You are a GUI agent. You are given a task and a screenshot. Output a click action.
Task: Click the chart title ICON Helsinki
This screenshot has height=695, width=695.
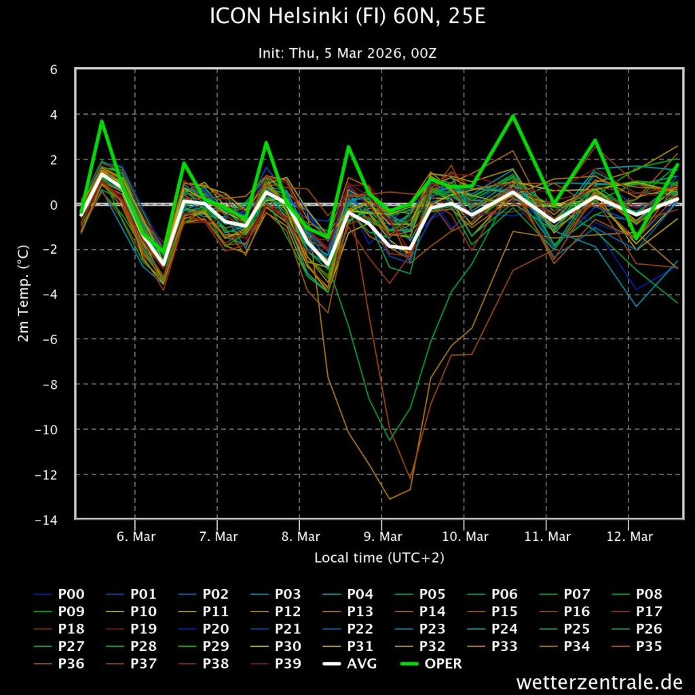[347, 17]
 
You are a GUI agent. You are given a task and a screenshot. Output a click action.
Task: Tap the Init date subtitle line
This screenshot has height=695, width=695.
[347, 53]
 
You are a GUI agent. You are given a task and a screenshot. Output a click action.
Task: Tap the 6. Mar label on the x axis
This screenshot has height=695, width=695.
[135, 537]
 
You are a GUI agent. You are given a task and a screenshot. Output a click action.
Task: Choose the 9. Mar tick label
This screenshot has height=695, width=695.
[381, 537]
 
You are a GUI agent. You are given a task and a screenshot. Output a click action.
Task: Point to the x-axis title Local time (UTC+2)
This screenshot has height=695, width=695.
[379, 558]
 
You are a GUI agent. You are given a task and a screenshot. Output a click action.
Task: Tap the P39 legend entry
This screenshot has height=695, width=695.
[288, 664]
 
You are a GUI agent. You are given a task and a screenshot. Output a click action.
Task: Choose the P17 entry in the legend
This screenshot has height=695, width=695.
[649, 612]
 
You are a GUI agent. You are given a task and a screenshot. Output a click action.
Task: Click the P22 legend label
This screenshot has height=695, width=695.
[360, 629]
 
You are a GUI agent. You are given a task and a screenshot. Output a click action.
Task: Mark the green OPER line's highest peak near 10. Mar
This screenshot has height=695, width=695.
[513, 116]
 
